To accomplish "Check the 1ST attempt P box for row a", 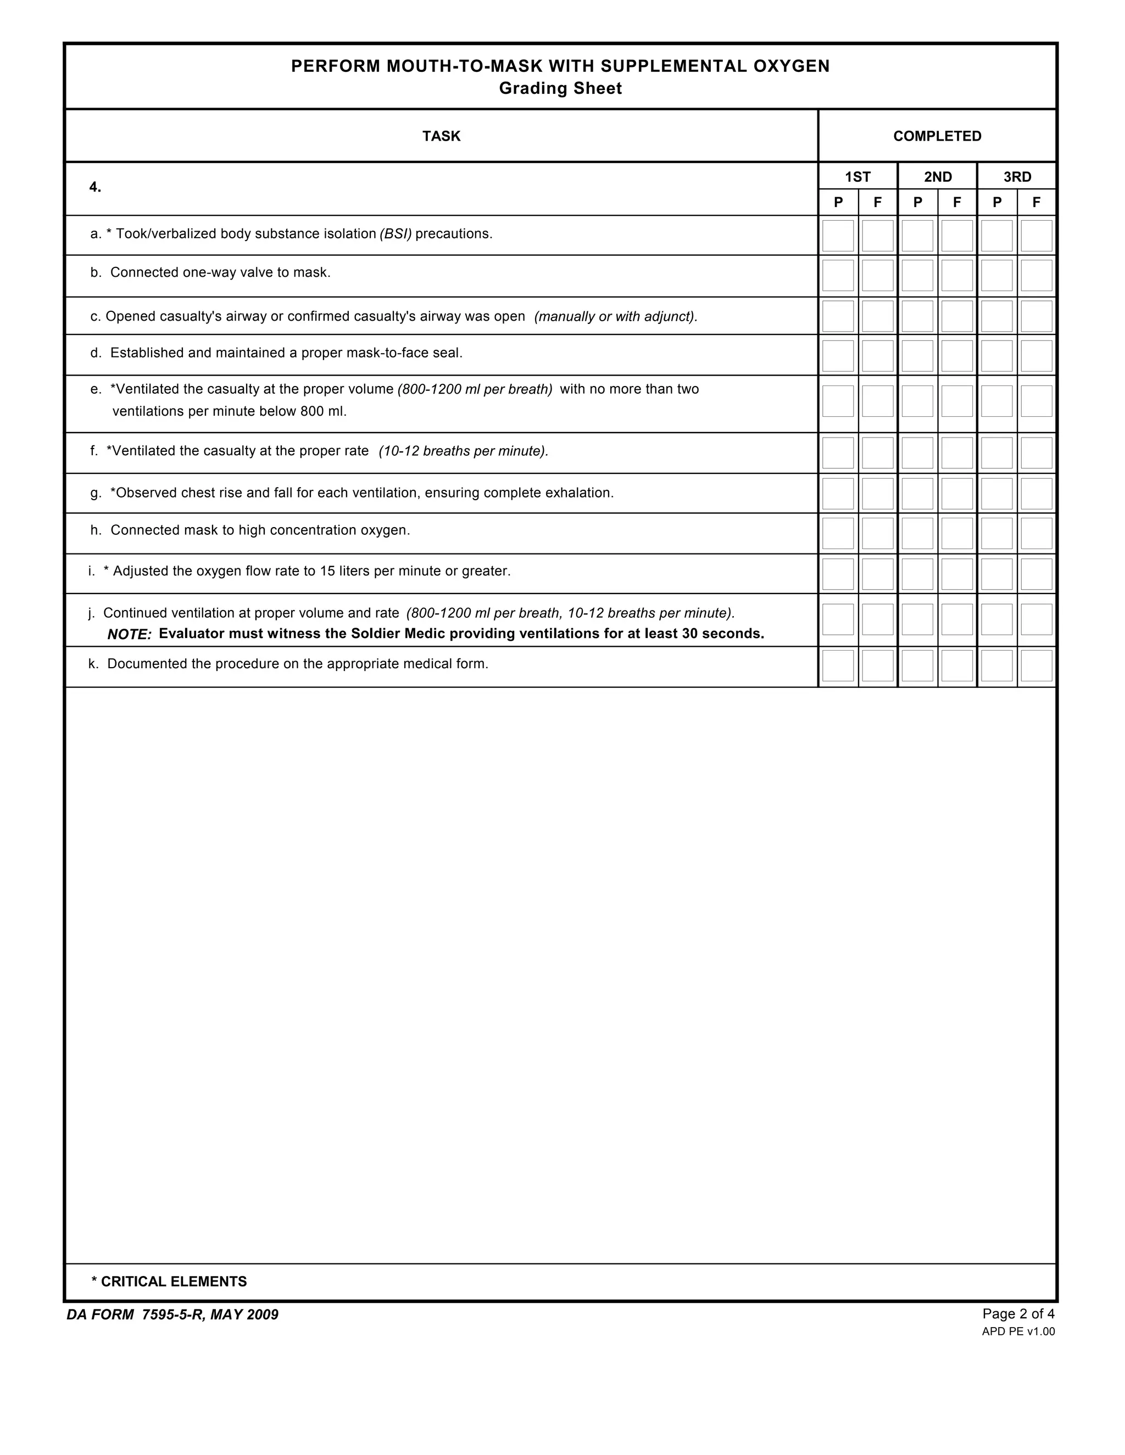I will click(838, 236).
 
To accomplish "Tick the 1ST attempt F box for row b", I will click(877, 275).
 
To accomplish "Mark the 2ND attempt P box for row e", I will click(917, 400).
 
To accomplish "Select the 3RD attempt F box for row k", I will click(1037, 665).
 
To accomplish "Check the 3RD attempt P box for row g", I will click(996, 493).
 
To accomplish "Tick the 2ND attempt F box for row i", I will click(957, 574).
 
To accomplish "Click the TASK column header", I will click(441, 136).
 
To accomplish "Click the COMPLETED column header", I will click(937, 136).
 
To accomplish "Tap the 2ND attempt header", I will click(937, 177).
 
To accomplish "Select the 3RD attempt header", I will click(1017, 177).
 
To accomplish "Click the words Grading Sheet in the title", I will click(560, 88).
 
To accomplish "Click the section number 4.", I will click(95, 187).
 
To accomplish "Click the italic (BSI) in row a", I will click(396, 234).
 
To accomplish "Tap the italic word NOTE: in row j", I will click(129, 634).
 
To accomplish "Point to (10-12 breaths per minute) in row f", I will click(463, 451).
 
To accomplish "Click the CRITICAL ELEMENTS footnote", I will click(169, 1281).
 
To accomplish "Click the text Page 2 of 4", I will click(1018, 1314).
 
